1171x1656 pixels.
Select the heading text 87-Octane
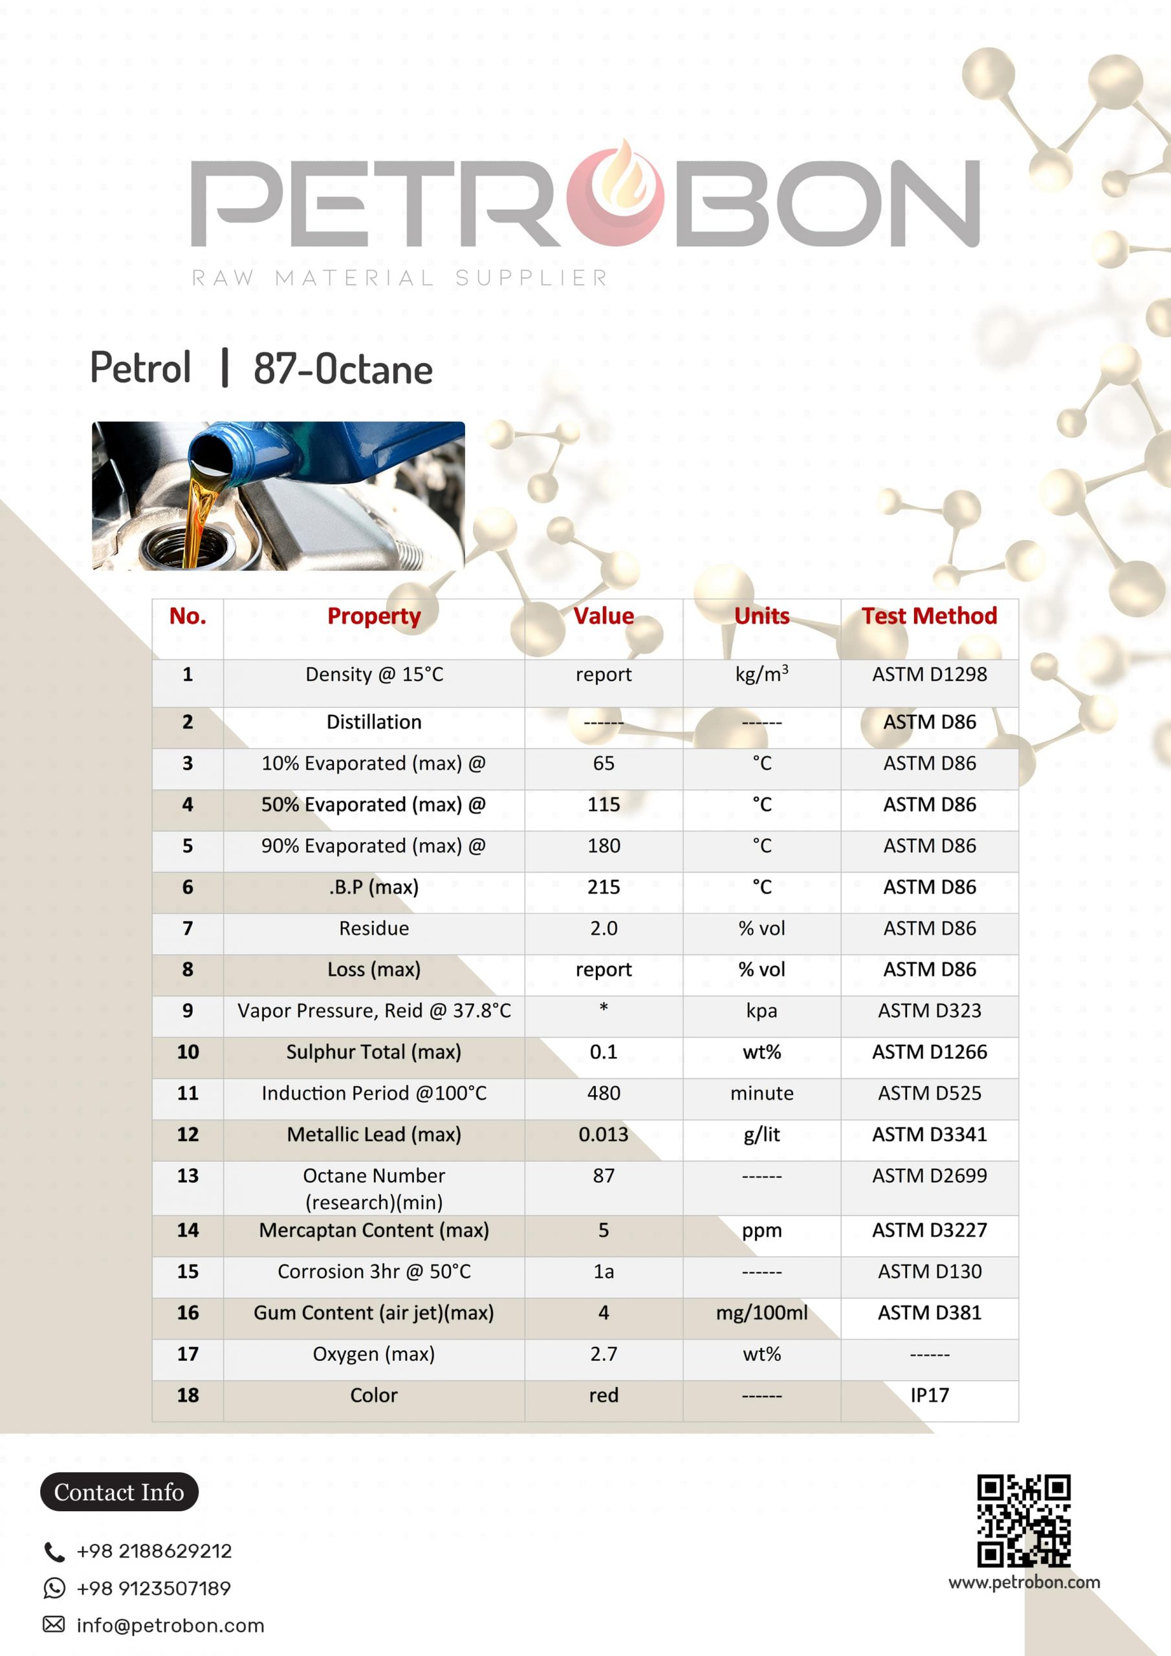(x=343, y=369)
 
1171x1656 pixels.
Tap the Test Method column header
(x=929, y=616)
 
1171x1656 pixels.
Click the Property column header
(x=374, y=616)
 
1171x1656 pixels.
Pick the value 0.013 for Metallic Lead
(x=603, y=1135)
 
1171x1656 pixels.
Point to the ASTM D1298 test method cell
(x=929, y=675)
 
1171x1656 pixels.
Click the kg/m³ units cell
(x=761, y=675)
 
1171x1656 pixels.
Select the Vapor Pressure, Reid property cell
(x=374, y=1010)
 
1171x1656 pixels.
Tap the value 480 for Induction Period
(x=603, y=1093)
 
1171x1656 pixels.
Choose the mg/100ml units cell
(x=761, y=1313)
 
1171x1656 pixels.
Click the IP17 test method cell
(x=929, y=1395)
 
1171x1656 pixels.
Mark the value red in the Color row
(x=603, y=1395)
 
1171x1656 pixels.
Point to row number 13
(x=188, y=1175)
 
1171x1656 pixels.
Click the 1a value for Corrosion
(x=603, y=1271)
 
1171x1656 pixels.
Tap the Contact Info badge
(x=119, y=1492)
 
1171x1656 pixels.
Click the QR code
(x=1023, y=1520)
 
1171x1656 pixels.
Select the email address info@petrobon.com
(x=170, y=1626)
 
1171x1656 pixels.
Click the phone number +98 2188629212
(x=155, y=1551)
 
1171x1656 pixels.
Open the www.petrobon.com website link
(x=1023, y=1582)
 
